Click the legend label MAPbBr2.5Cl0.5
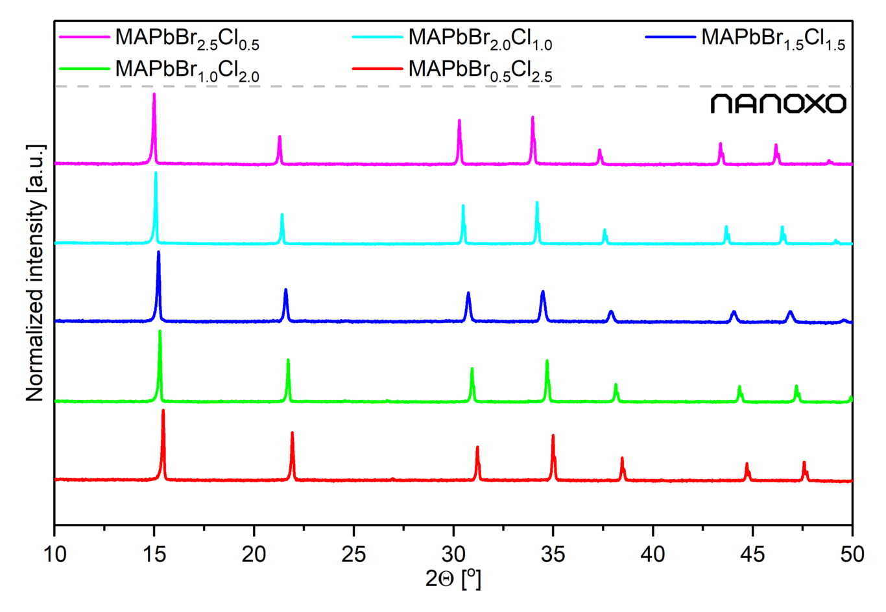[x=187, y=38]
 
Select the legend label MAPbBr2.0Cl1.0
[x=480, y=38]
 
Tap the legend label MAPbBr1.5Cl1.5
[x=773, y=38]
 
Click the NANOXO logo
[x=778, y=104]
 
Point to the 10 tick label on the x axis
[x=54, y=554]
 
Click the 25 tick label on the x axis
[x=353, y=554]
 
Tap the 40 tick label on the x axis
[x=653, y=554]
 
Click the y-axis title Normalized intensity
[x=35, y=272]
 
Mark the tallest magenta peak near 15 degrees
[x=154, y=95]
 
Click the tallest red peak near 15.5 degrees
[x=163, y=412]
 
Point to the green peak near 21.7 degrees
[x=288, y=361]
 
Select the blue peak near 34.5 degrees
[x=543, y=293]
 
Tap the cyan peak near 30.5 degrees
[x=463, y=207]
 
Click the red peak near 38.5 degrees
[x=622, y=459]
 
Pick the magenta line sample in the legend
[x=84, y=37]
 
